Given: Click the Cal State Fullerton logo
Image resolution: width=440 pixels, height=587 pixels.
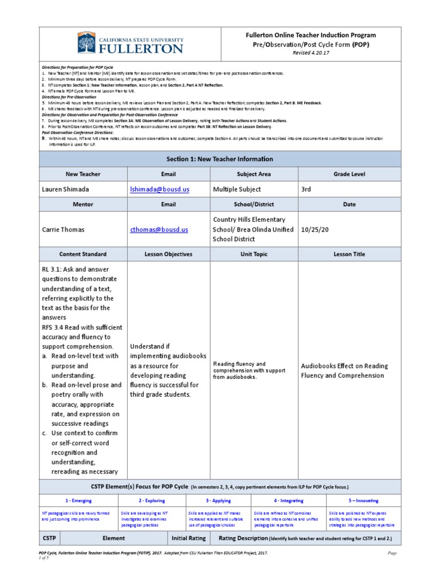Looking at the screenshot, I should pyautogui.click(x=131, y=44).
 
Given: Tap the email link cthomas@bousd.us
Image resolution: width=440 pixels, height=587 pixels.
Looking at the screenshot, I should pyautogui.click(x=159, y=229).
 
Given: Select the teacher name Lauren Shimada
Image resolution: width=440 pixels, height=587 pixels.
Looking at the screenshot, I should pyautogui.click(x=65, y=189).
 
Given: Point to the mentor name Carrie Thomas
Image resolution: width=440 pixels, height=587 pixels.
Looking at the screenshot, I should pyautogui.click(x=63, y=229).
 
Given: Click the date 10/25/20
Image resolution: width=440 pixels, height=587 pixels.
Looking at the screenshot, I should pyautogui.click(x=316, y=229).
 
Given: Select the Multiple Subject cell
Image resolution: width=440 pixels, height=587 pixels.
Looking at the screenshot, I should pyautogui.click(x=237, y=189).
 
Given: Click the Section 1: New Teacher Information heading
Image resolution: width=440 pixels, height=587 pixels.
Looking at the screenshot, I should pyautogui.click(x=219, y=159).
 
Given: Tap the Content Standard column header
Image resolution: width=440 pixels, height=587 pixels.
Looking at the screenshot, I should pyautogui.click(x=82, y=254).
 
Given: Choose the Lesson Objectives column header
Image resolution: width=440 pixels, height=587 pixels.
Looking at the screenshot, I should pyautogui.click(x=168, y=254).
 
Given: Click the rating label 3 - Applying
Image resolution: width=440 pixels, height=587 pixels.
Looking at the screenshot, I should pyautogui.click(x=219, y=500).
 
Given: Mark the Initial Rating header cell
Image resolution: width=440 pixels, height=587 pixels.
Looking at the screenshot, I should pyautogui.click(x=188, y=538).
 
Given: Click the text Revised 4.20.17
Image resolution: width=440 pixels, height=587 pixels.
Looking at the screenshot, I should pyautogui.click(x=311, y=53).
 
